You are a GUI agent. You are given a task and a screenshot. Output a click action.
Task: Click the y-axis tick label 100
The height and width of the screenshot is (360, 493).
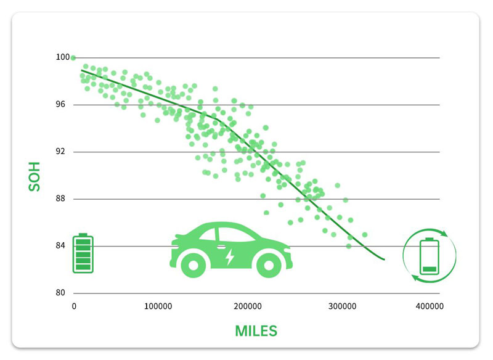(x=63, y=57)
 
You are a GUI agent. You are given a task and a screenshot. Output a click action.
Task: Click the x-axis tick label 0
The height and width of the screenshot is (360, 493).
(x=74, y=306)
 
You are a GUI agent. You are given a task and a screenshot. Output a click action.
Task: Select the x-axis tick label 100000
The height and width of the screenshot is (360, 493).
(x=158, y=306)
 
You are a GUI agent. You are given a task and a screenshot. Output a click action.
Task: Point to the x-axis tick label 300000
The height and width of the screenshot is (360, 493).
(x=341, y=306)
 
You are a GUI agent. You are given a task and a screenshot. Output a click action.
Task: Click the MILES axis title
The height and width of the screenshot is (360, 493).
(x=256, y=330)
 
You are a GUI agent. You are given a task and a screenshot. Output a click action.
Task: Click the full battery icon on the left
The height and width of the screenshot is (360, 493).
(x=83, y=253)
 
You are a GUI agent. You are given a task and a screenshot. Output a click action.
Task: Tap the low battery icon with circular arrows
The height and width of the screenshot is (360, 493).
(x=430, y=254)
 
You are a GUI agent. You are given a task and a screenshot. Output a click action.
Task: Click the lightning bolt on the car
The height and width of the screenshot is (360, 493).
(x=229, y=256)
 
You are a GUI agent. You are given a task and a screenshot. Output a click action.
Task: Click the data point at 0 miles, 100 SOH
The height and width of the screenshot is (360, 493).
(x=73, y=58)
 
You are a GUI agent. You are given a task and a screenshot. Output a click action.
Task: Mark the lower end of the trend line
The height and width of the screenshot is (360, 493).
(x=384, y=260)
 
